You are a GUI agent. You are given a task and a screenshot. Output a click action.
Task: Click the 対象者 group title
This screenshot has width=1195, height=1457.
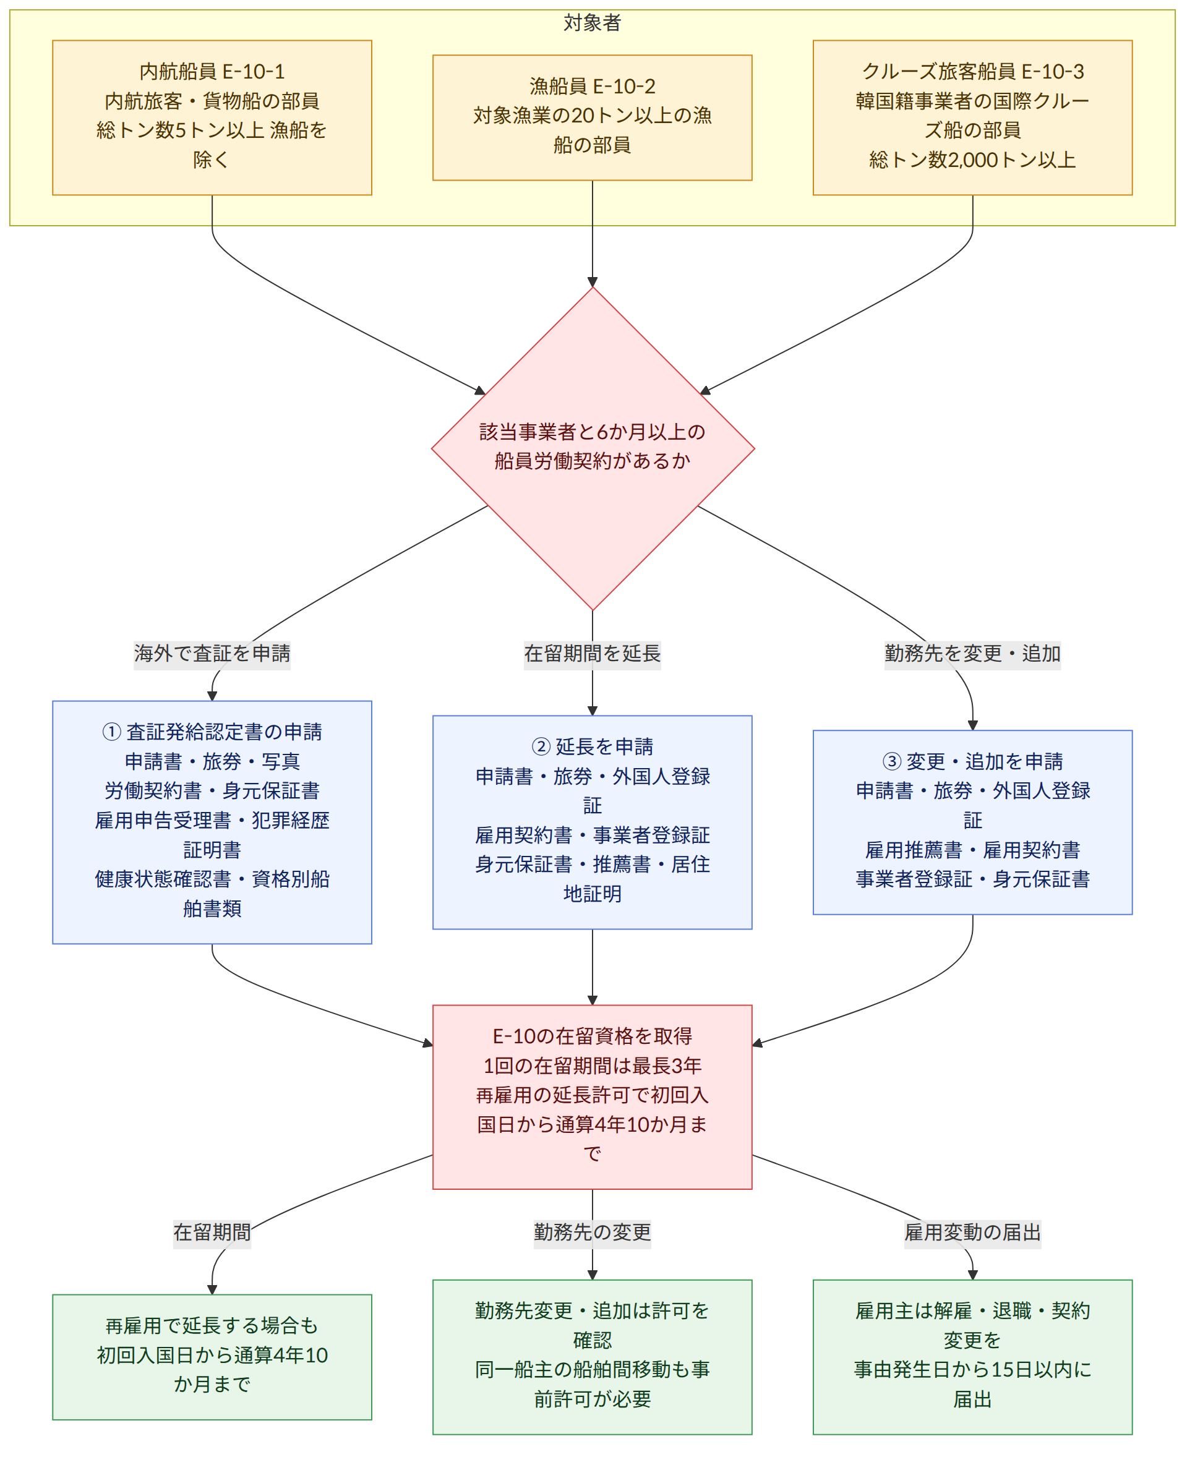click(592, 23)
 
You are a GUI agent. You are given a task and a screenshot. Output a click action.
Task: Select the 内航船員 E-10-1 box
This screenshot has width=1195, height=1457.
click(212, 117)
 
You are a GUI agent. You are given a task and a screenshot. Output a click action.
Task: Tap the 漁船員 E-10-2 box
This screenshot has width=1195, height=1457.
click(592, 117)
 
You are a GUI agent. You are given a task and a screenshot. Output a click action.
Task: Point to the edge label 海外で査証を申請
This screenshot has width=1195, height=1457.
click(212, 653)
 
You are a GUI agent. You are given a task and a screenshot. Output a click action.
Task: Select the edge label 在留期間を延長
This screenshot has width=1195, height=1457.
click(592, 653)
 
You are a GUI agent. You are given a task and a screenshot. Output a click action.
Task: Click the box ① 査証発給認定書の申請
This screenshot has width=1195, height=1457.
click(212, 822)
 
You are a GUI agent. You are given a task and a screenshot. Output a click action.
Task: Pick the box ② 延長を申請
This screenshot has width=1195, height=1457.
click(592, 822)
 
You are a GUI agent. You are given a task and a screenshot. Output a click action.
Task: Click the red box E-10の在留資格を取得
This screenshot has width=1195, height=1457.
click(592, 1097)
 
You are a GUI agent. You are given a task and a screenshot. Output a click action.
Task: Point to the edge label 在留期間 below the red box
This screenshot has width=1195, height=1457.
click(212, 1232)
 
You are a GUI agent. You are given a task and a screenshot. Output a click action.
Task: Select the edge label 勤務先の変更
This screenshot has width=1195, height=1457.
click(592, 1232)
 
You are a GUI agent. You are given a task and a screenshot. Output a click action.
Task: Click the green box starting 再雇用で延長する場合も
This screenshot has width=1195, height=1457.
click(212, 1357)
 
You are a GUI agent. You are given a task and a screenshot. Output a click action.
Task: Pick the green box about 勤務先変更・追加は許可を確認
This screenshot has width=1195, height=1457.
click(592, 1357)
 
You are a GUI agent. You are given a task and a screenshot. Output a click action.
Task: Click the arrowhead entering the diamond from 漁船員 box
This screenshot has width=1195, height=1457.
click(592, 282)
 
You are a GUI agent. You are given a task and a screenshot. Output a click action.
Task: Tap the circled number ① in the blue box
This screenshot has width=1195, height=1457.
click(111, 732)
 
